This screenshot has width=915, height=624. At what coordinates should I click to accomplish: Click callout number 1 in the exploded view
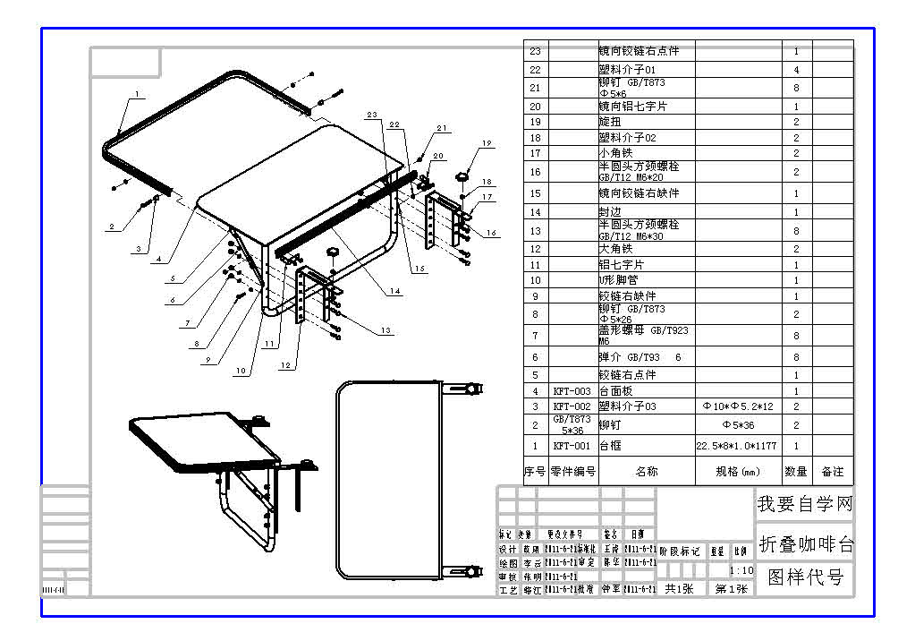click(x=138, y=93)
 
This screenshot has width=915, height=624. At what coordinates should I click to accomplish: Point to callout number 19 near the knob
click(x=487, y=143)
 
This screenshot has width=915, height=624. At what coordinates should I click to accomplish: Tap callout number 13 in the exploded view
click(x=385, y=330)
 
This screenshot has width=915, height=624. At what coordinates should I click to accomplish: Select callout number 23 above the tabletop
click(x=372, y=115)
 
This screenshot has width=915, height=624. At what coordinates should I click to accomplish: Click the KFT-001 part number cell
click(x=572, y=446)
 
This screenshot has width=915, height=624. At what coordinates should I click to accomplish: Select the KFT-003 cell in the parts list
click(x=572, y=391)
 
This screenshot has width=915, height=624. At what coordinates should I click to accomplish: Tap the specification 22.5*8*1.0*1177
click(x=737, y=446)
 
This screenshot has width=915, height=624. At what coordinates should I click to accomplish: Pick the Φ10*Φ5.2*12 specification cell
click(x=737, y=406)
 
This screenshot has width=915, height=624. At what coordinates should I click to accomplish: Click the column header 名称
click(x=646, y=471)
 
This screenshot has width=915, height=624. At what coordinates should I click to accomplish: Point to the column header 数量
click(x=796, y=471)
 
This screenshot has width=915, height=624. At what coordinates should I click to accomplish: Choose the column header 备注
click(x=832, y=471)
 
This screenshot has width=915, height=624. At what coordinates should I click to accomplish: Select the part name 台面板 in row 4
click(x=615, y=391)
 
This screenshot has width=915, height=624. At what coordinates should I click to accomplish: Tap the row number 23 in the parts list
click(x=535, y=51)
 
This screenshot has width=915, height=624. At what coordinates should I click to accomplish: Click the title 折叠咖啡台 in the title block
click(x=805, y=543)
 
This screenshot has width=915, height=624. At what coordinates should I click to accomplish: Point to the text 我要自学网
click(x=805, y=504)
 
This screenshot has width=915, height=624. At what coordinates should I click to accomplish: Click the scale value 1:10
click(x=741, y=570)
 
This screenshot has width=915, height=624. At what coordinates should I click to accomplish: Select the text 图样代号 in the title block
click(x=805, y=578)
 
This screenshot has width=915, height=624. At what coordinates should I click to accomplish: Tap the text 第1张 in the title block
click(x=731, y=588)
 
